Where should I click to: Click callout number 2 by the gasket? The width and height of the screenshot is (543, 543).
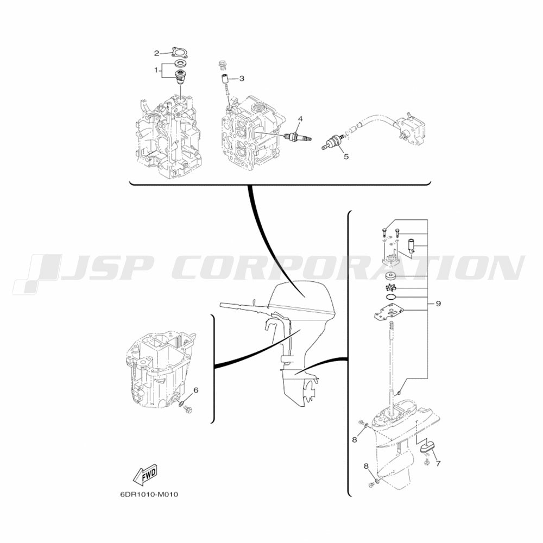[156, 53]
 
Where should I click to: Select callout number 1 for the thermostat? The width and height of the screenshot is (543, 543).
[156, 70]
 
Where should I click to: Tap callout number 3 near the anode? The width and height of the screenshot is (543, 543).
[242, 79]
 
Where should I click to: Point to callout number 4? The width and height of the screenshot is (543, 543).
[300, 119]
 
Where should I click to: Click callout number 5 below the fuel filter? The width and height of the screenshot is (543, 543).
[346, 156]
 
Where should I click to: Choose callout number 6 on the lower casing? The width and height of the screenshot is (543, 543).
[195, 390]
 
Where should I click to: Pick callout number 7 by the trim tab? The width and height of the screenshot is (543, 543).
[438, 463]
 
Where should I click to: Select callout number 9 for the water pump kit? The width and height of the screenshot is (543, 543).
[438, 304]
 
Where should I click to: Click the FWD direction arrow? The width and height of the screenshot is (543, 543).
[146, 473]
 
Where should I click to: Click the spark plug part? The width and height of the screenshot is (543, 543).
[298, 137]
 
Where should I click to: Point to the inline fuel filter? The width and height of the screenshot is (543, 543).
[333, 142]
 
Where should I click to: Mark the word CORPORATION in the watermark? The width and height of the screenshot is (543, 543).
[348, 267]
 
